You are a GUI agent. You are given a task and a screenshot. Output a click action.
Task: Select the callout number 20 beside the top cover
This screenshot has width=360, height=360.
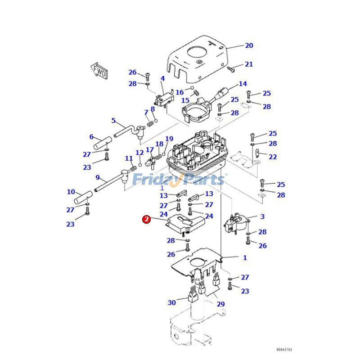pos(249,45)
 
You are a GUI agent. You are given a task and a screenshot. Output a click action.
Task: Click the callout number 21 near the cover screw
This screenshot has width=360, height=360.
pos(249,64)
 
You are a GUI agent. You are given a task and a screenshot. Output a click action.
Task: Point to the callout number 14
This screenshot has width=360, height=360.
pos(243,84)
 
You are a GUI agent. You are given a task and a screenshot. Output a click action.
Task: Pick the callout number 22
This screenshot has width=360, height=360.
pos(273,157)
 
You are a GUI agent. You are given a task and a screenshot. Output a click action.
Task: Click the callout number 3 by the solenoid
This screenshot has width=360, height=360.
pos(262,216)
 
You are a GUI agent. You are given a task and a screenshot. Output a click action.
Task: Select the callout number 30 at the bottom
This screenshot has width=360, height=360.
pos(171,302)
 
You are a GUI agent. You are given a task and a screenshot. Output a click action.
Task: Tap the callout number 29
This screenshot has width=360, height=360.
pos(220,305)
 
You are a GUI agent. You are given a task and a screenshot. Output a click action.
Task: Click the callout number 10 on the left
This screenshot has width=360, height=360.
pos(71,192)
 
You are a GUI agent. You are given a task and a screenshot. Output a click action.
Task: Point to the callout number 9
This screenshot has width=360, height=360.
pos(98,177)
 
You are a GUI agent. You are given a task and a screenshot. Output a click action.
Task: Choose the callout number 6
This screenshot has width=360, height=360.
pos(91,137)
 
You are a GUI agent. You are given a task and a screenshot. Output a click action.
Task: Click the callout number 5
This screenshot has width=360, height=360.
pos(113,121)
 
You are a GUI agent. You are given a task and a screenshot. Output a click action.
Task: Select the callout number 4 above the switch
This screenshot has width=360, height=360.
pos(162,79)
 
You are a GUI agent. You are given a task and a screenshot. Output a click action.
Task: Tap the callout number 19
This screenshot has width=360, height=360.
pos(169,139)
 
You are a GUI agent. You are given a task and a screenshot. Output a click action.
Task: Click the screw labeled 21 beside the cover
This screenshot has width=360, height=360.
pos(231,69)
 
